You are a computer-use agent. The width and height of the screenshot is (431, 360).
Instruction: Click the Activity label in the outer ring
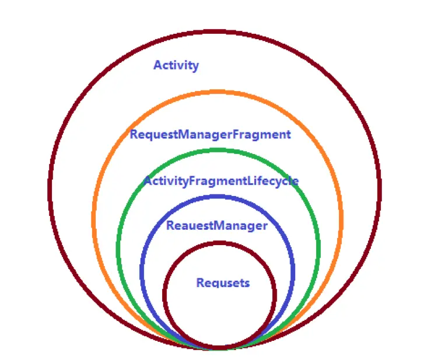tap(176, 65)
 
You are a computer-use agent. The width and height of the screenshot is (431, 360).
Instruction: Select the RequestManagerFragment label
tap(210, 135)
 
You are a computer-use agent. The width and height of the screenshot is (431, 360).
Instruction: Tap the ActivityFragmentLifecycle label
tap(221, 181)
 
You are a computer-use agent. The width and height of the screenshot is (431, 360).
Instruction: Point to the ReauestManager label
tap(217, 226)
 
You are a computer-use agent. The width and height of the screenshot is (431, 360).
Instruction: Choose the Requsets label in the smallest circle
tap(223, 283)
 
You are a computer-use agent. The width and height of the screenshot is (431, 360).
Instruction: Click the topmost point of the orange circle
tap(218, 92)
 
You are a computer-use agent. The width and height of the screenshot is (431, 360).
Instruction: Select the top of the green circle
tap(218, 151)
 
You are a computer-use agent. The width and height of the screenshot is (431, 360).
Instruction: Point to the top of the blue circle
tap(218, 197)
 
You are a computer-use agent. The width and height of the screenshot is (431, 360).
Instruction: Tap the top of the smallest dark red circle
tap(220, 243)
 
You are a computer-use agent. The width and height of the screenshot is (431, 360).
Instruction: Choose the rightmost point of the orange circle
tap(341, 219)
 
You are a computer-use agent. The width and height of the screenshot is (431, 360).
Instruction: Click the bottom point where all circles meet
tap(218, 348)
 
